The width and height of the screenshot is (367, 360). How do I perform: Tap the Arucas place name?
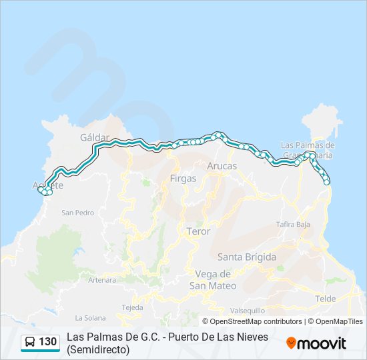pyautogui.click(x=222, y=165)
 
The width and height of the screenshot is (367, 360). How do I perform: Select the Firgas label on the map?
pyautogui.click(x=183, y=179)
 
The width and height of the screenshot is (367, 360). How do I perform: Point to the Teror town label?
pyautogui.click(x=198, y=231)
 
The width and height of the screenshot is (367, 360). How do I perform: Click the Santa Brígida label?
pyautogui.click(x=247, y=257)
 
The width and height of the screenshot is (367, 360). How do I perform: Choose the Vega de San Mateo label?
pyautogui.click(x=213, y=279)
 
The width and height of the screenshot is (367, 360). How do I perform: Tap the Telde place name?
pyautogui.click(x=326, y=299)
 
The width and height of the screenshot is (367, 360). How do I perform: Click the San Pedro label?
pyautogui.click(x=78, y=213)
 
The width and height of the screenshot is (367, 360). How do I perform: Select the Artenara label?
pyautogui.click(x=102, y=280)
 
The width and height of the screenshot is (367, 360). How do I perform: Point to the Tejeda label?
pyautogui.click(x=132, y=307)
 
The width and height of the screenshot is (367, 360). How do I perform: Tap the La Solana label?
pyautogui.click(x=89, y=317)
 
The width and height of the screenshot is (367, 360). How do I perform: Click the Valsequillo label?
pyautogui.click(x=248, y=311)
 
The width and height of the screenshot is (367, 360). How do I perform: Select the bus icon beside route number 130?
pyautogui.click(x=30, y=342)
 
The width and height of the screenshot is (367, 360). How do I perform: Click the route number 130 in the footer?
pyautogui.click(x=48, y=342)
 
